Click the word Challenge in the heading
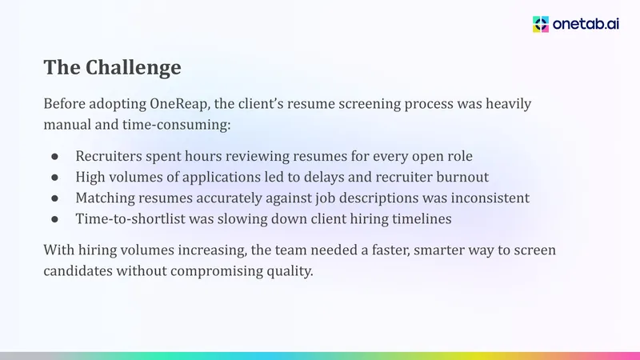(x=133, y=68)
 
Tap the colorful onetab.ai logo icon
(x=541, y=25)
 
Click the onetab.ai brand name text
(x=586, y=25)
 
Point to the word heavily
(x=508, y=104)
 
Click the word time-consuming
(x=176, y=125)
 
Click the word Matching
(x=106, y=198)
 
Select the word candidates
(x=78, y=271)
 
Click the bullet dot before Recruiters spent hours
(x=54, y=157)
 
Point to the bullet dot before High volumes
(x=54, y=178)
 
